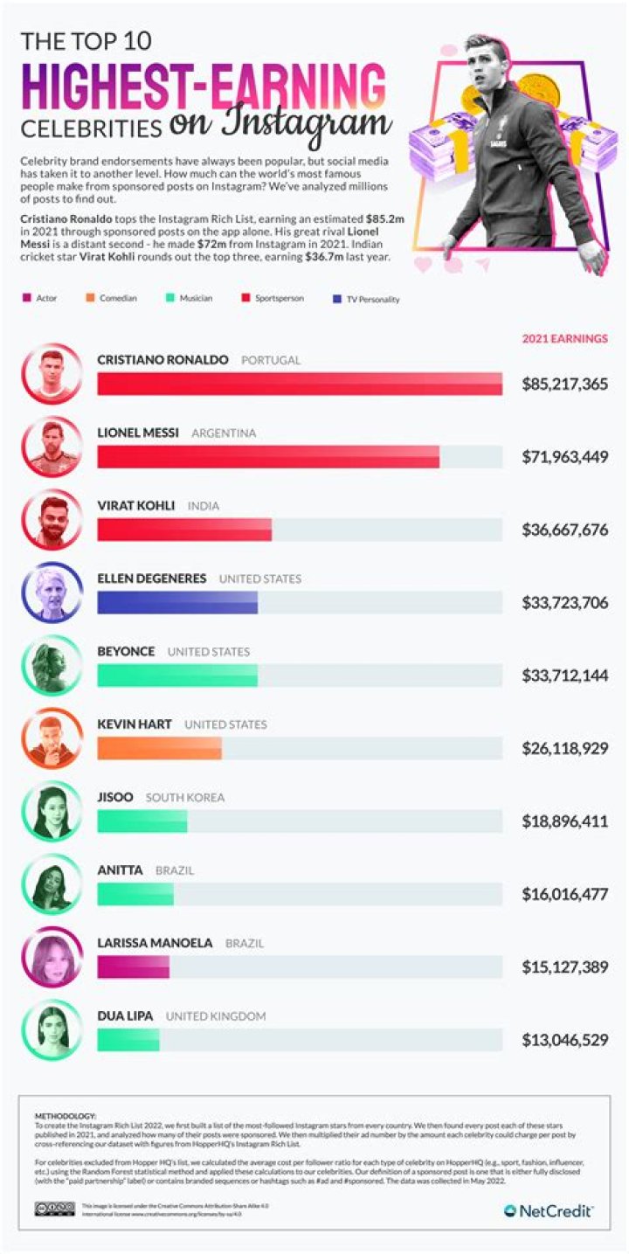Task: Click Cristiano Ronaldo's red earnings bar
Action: pyautogui.click(x=299, y=385)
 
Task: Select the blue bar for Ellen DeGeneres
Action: pyautogui.click(x=177, y=603)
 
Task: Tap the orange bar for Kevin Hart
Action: pyautogui.click(x=159, y=749)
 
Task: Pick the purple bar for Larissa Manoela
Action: pyautogui.click(x=133, y=967)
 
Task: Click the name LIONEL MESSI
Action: pyautogui.click(x=140, y=433)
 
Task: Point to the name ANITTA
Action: pyautogui.click(x=121, y=870)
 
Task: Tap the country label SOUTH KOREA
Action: pyautogui.click(x=184, y=798)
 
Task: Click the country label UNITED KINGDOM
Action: pyautogui.click(x=216, y=1016)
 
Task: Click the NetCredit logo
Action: pyautogui.click(x=549, y=1210)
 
